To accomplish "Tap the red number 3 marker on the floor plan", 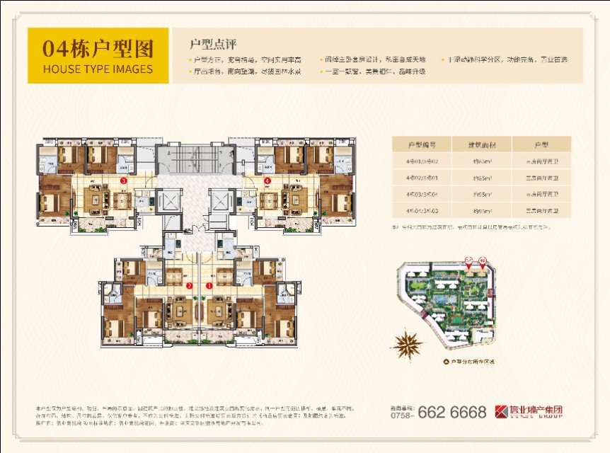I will [x=124, y=181].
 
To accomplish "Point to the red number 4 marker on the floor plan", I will [x=267, y=181].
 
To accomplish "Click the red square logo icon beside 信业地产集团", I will [x=501, y=411].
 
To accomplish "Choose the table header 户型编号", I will [x=420, y=144].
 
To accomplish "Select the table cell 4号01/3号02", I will [x=420, y=161].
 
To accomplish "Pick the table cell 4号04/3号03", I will [x=420, y=210].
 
